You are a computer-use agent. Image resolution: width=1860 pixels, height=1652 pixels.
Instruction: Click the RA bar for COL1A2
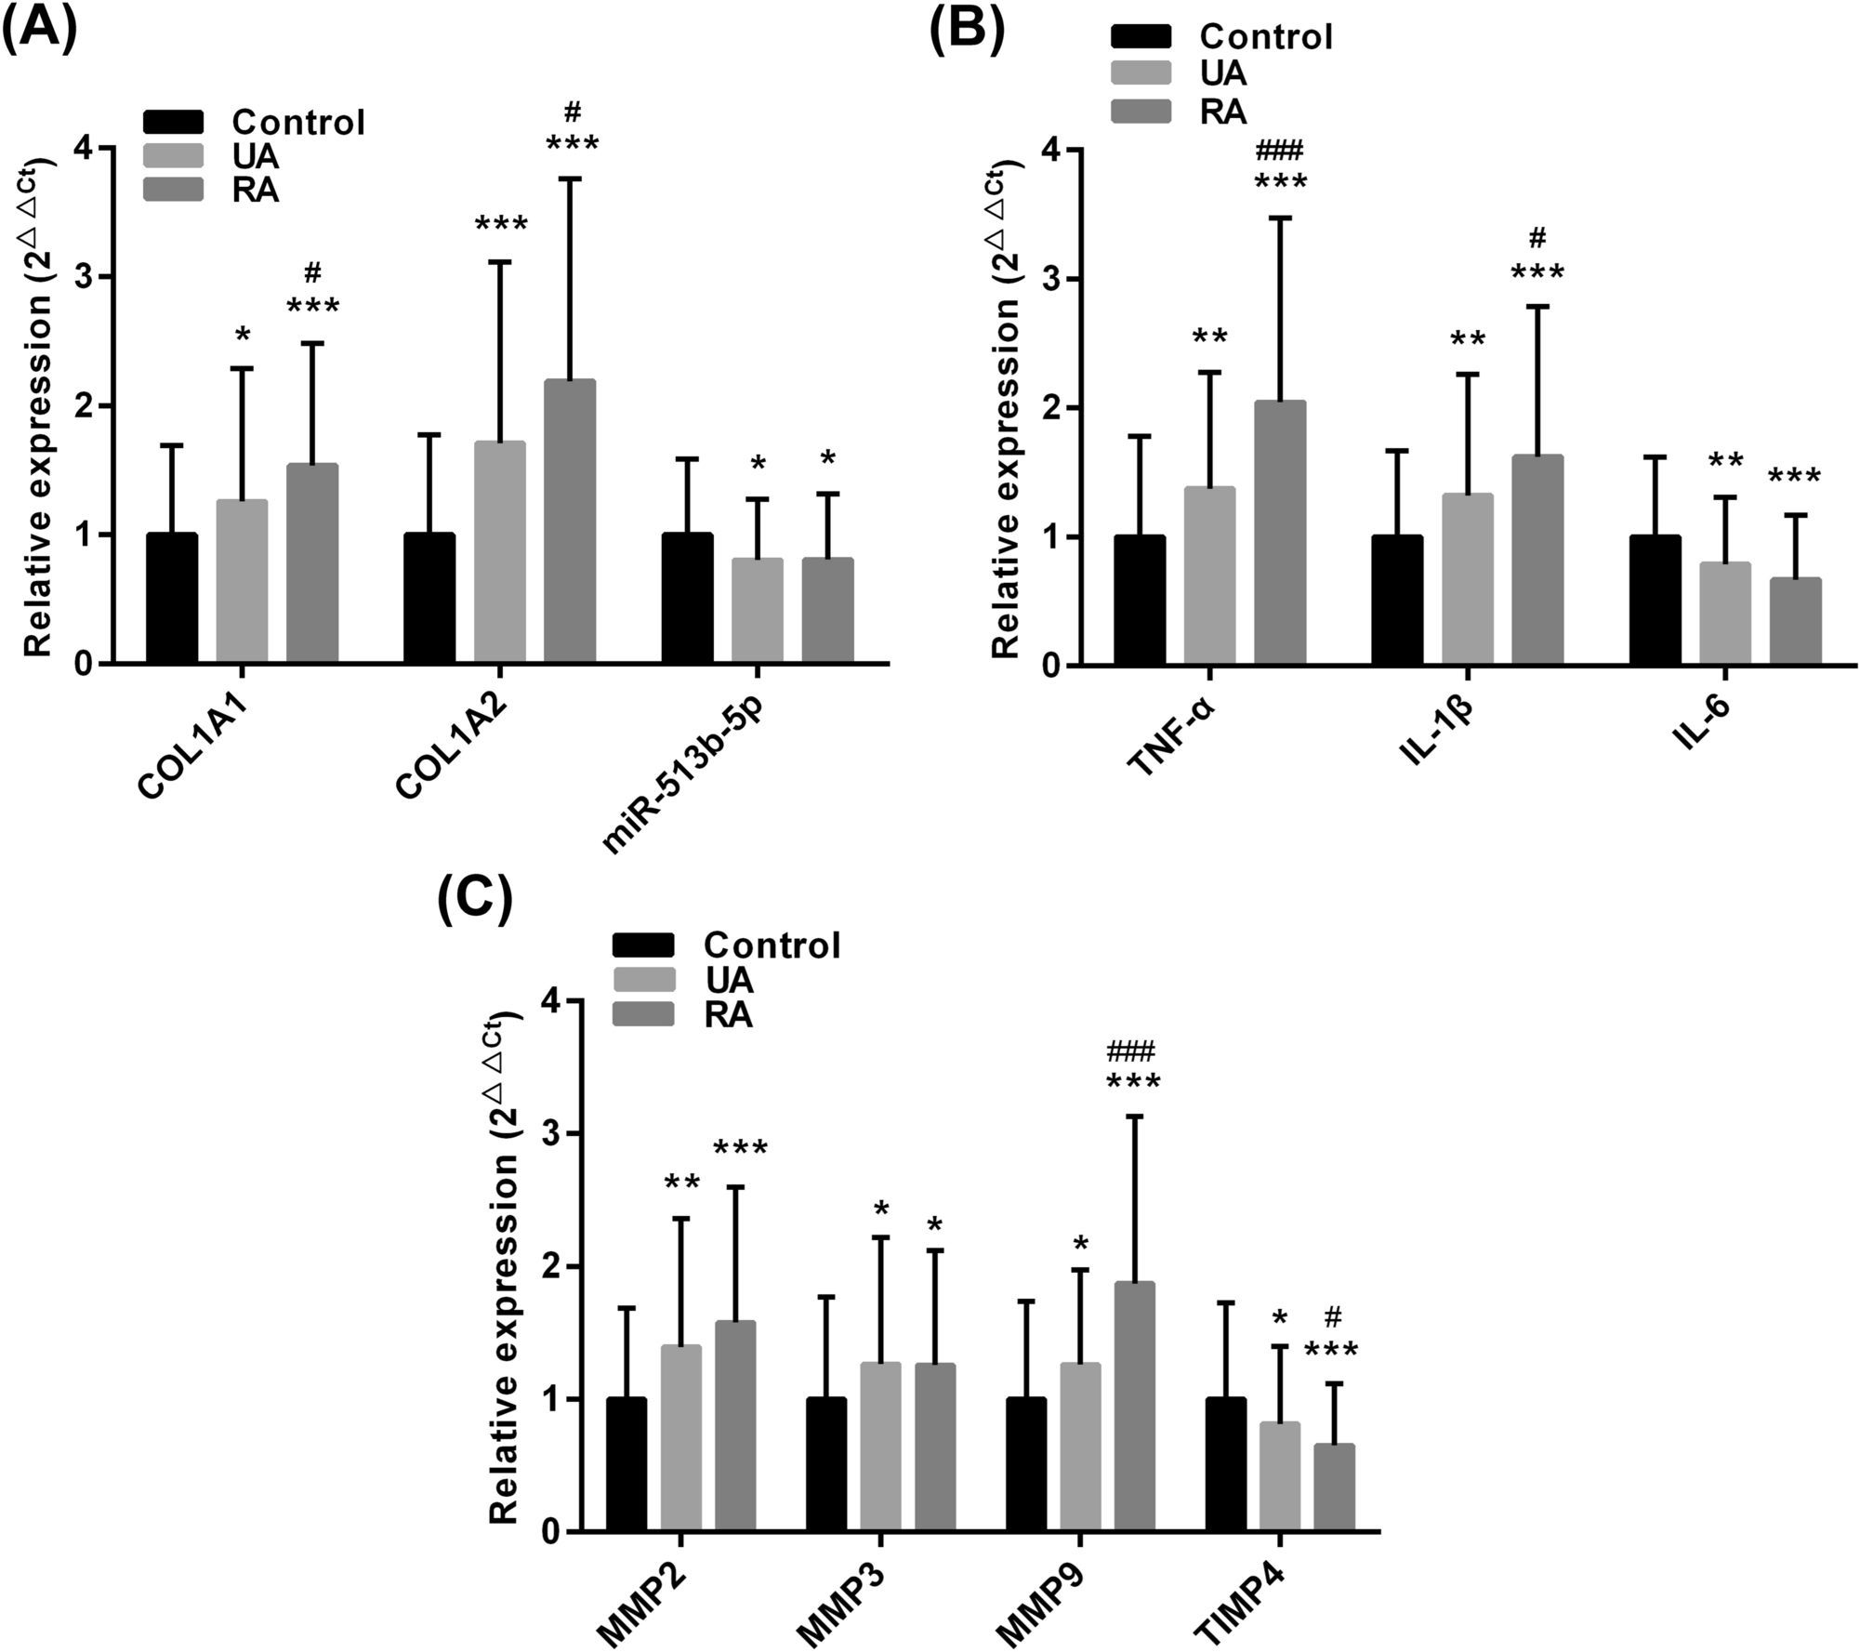(x=570, y=521)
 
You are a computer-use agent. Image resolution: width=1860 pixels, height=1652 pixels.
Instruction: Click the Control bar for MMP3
(x=826, y=1464)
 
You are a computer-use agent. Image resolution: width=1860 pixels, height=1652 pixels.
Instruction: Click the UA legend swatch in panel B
(x=1141, y=73)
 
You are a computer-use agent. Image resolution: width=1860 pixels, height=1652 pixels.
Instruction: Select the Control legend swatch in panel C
(x=642, y=945)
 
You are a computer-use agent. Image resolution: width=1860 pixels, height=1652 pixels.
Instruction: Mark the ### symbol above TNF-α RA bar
(x=1280, y=150)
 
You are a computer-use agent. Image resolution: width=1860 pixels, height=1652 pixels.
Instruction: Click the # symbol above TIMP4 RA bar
(x=1333, y=1316)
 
